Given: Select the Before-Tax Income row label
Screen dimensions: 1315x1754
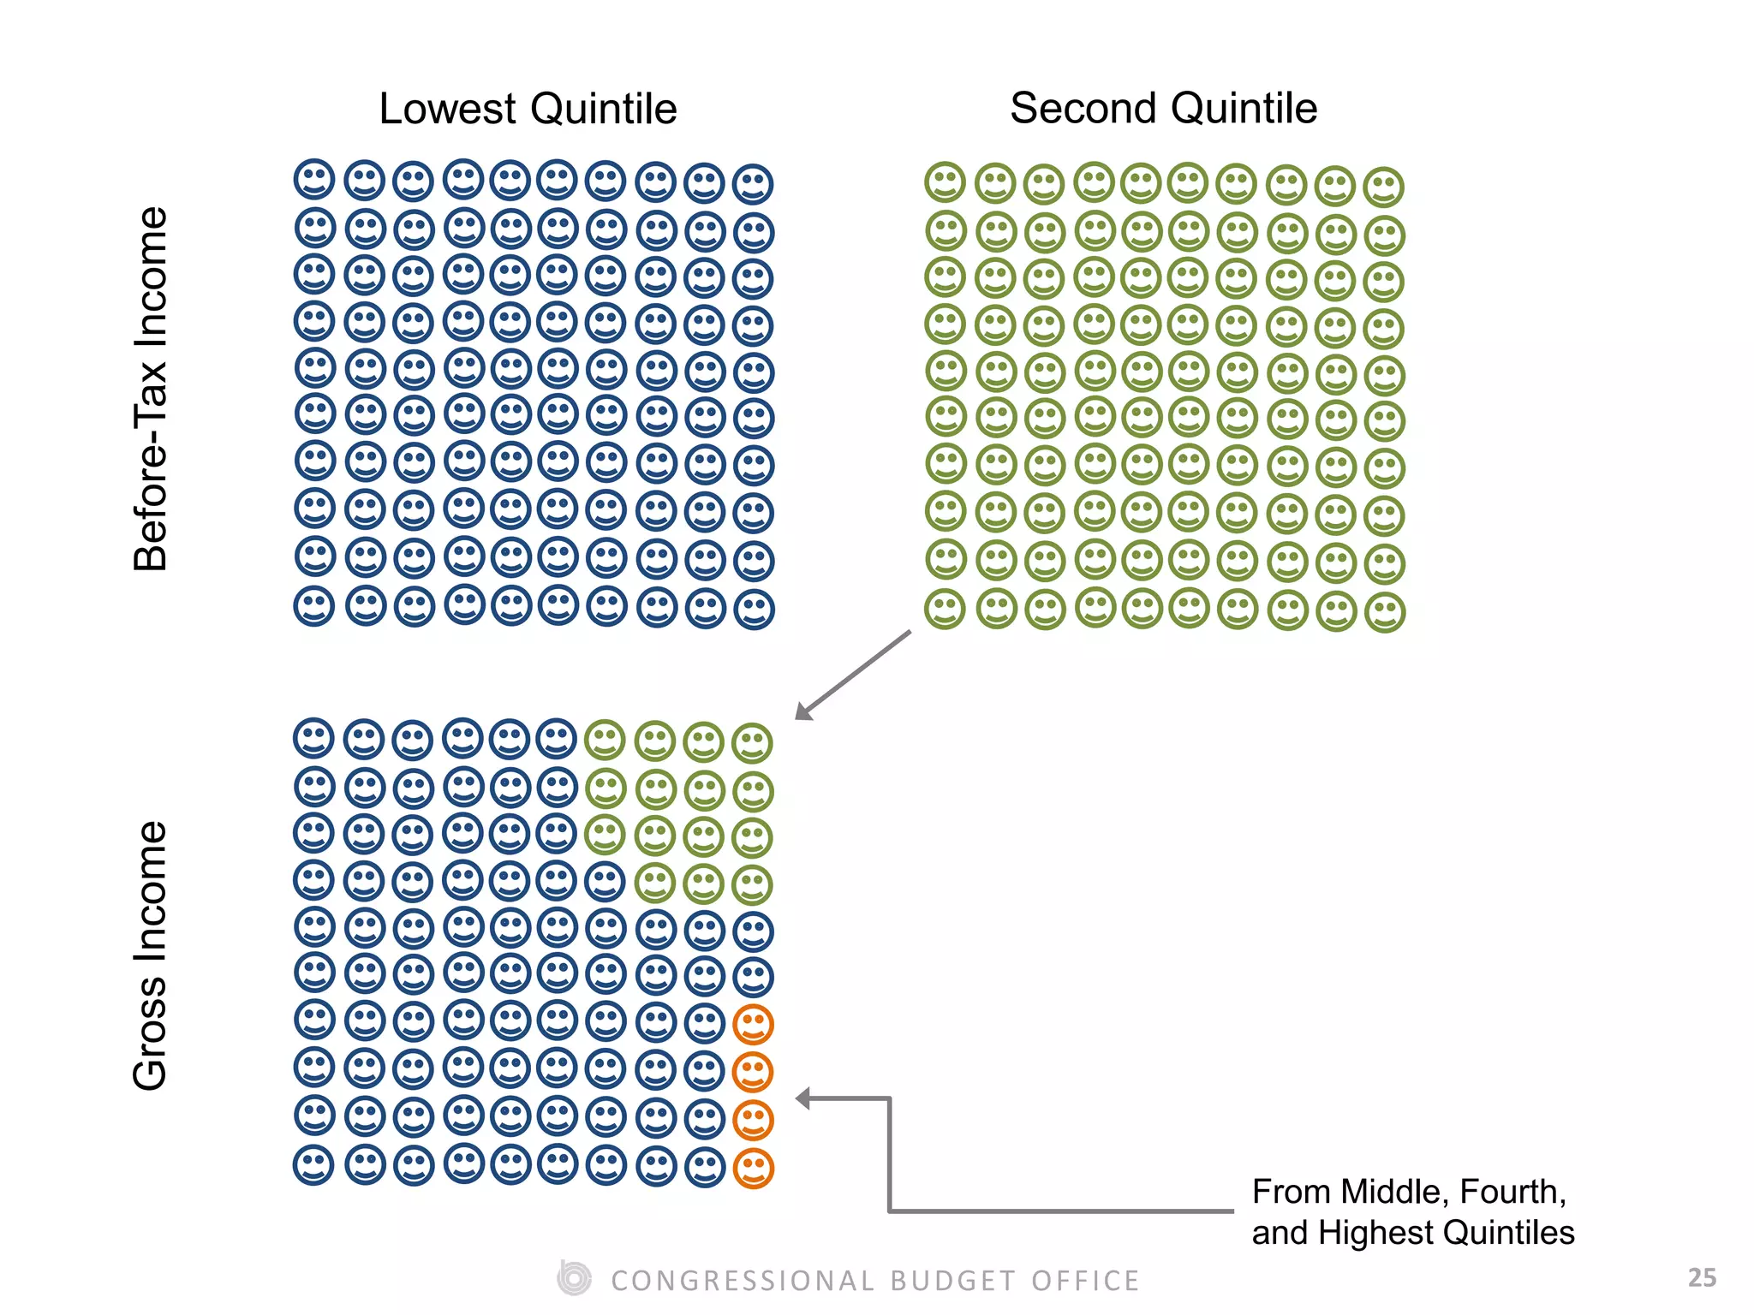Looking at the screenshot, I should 151,389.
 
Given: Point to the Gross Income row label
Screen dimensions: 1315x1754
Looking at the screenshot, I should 151,955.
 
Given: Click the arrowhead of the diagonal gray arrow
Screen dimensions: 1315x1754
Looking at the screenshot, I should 803,711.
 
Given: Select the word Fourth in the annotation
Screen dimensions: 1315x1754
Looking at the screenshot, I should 1512,1192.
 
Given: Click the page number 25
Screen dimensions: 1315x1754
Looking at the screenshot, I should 1702,1278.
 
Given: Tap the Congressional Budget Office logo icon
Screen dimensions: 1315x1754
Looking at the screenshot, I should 574,1279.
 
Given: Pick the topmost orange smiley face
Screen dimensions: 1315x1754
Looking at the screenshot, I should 754,1024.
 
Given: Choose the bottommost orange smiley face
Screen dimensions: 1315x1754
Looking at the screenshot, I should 754,1168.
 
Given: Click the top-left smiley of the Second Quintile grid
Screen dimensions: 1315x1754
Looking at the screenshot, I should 945,182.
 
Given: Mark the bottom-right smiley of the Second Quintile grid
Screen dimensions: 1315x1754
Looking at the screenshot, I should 1385,613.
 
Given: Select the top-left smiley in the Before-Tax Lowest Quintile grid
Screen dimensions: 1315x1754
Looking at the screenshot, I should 313,180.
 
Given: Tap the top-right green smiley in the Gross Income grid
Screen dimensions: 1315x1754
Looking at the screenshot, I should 753,743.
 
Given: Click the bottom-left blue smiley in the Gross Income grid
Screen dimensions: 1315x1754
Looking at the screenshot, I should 313,1166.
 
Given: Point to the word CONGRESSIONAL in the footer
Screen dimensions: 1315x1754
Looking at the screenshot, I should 743,1281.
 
